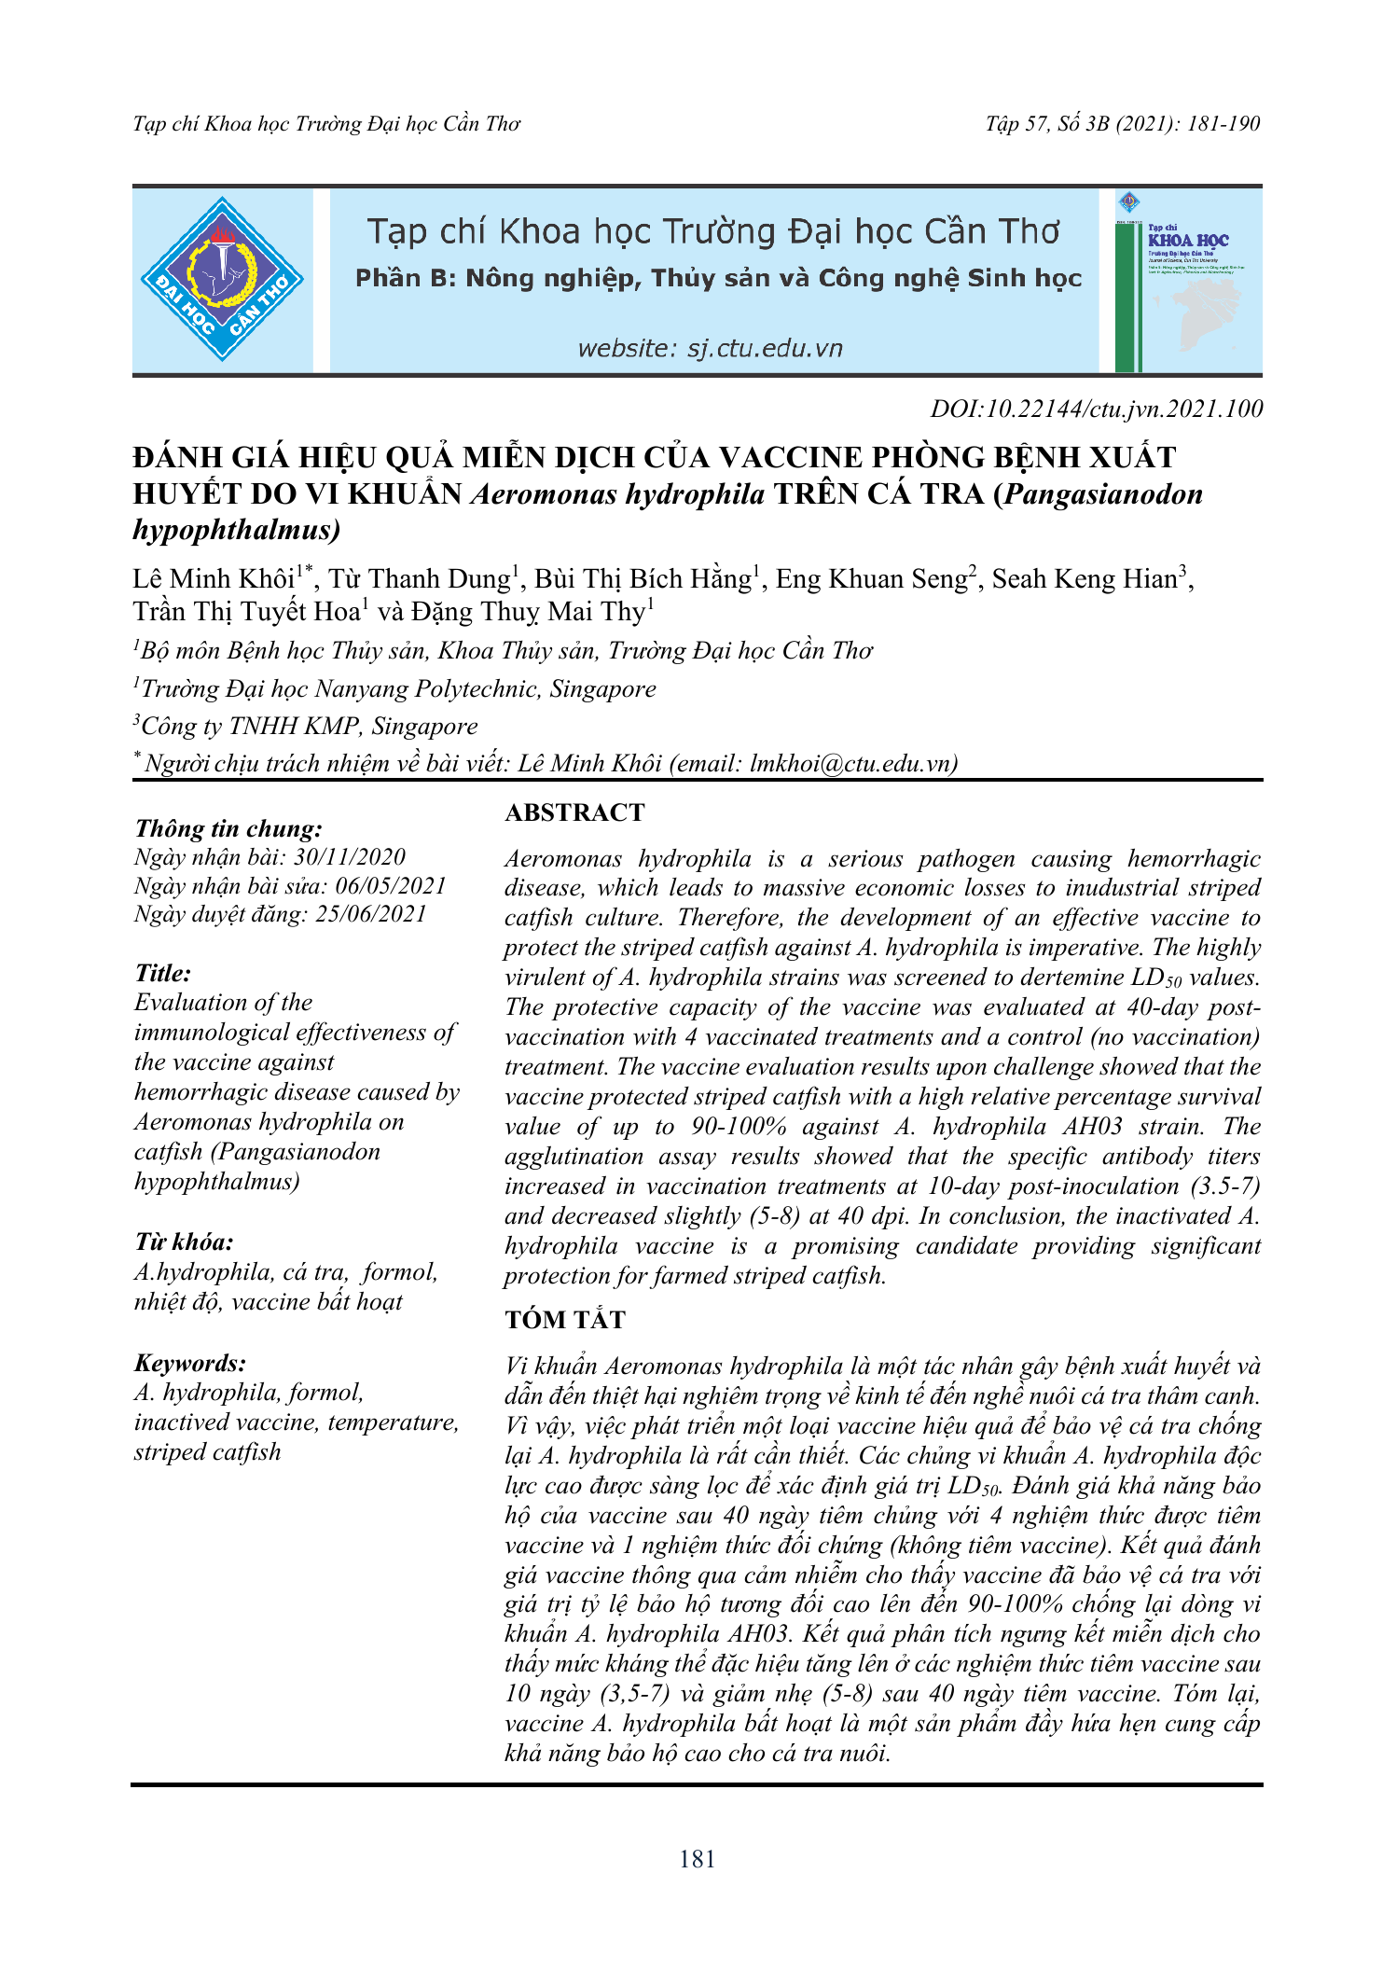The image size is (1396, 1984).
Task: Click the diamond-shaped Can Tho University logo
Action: [x=222, y=279]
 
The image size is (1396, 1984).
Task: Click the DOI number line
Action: [x=1097, y=409]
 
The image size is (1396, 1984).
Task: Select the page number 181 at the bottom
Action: [x=698, y=1859]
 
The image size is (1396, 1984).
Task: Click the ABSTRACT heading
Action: [x=574, y=812]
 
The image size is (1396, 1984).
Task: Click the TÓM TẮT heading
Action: [x=565, y=1319]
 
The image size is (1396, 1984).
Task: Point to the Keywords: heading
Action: [x=190, y=1363]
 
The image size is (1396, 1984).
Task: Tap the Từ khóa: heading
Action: [x=184, y=1242]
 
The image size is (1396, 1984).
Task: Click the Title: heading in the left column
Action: [x=163, y=973]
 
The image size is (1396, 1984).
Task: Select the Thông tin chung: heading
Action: [x=228, y=828]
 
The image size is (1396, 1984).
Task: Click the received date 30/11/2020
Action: [x=350, y=857]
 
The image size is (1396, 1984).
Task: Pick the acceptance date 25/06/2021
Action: [x=371, y=913]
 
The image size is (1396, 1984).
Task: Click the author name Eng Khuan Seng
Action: [x=872, y=579]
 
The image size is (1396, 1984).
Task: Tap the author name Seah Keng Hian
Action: [x=1085, y=579]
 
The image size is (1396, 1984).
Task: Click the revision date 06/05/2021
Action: [x=391, y=885]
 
